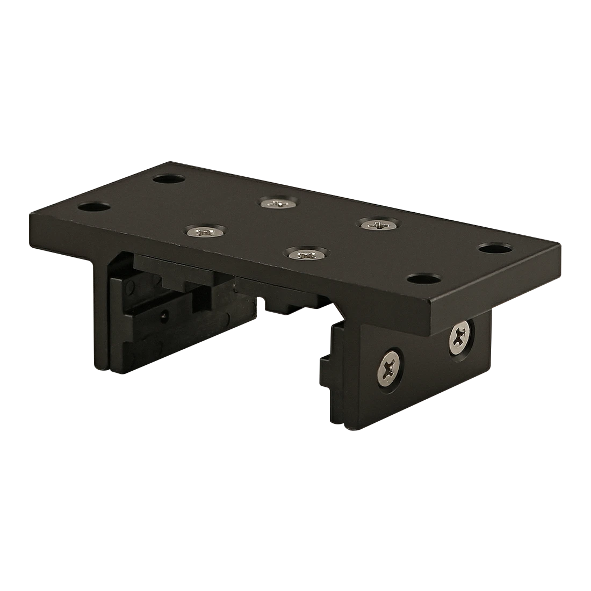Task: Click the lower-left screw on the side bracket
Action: (x=391, y=369)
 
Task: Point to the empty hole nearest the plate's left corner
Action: (x=93, y=206)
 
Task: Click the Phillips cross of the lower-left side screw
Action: (x=391, y=369)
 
